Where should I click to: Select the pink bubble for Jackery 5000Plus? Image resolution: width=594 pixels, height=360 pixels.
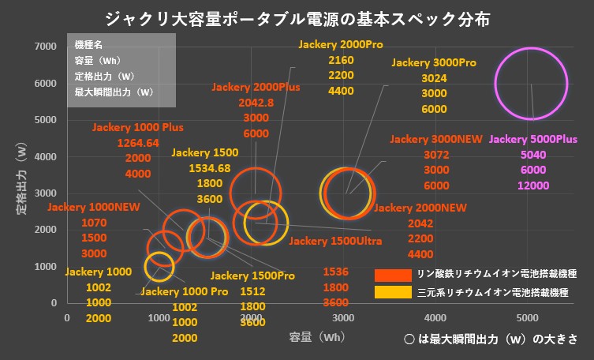coord(532,84)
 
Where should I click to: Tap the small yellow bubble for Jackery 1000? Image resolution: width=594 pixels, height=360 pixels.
coord(159,266)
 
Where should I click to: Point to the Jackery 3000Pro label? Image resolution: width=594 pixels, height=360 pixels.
coord(434,62)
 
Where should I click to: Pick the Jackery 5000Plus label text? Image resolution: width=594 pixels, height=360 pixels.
coord(533,139)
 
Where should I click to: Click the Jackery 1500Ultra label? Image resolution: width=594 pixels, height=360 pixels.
coord(336,240)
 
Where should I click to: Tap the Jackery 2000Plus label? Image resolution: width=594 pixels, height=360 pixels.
coord(255,88)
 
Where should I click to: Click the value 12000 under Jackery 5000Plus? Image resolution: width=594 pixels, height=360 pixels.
coord(533,186)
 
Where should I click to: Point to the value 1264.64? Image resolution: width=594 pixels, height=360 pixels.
coord(138,143)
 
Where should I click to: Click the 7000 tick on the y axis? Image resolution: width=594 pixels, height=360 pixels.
coord(45,47)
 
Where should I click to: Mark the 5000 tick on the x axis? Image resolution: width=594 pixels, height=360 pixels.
coord(527,317)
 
